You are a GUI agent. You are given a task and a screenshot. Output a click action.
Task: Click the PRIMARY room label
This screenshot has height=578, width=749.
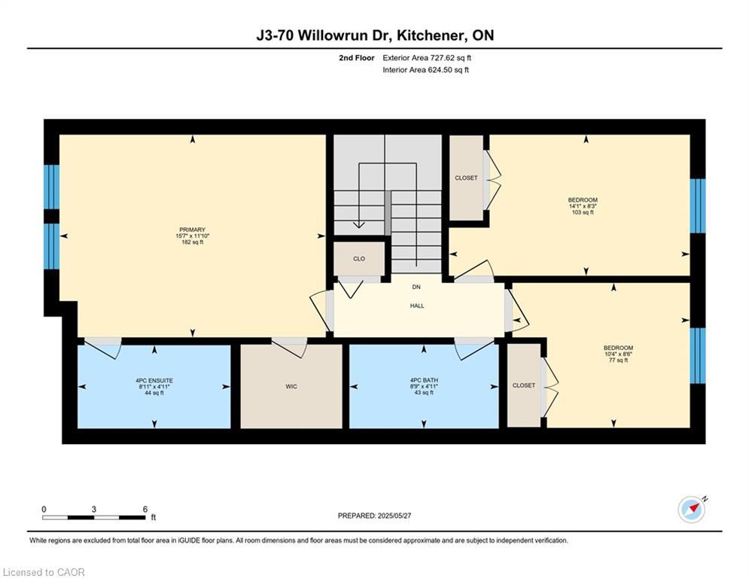point(192,230)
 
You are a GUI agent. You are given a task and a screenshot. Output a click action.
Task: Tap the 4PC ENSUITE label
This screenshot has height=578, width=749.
point(154,380)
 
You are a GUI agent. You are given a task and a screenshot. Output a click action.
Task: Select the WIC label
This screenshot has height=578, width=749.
point(291,386)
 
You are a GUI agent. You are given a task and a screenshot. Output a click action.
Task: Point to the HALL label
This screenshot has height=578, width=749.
point(417,306)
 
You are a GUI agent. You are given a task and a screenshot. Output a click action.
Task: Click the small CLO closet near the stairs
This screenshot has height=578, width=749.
point(359,259)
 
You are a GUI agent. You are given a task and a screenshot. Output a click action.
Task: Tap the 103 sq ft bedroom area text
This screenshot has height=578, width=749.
point(583,212)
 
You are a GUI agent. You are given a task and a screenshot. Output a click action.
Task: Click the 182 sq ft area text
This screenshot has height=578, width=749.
point(192,242)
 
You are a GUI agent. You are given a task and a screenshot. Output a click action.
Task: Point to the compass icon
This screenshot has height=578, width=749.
point(691,510)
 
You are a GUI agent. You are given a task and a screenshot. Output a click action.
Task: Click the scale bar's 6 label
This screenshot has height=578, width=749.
point(145,509)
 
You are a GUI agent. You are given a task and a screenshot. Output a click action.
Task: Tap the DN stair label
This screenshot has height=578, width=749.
point(416,287)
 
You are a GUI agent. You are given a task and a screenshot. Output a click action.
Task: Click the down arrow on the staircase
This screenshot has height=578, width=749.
point(359,223)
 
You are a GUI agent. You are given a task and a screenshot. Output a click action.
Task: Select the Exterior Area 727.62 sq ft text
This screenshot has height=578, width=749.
point(427,57)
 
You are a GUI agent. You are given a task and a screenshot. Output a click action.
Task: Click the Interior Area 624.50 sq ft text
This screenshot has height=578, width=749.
point(425,70)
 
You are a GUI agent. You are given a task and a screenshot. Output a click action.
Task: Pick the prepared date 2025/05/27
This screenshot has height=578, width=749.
point(398,516)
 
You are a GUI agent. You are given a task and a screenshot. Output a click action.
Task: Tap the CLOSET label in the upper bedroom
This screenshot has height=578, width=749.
point(466,178)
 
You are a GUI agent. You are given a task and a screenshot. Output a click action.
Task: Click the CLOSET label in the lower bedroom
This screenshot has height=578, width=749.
point(523,385)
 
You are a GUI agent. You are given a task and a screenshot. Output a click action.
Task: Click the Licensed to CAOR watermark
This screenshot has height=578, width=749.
point(44,572)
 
